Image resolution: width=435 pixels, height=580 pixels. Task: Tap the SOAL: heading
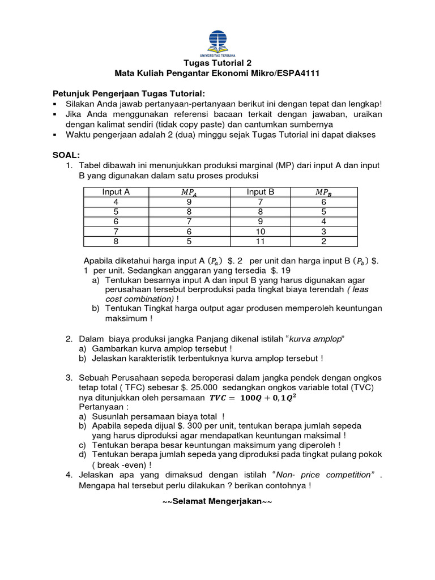(66, 155)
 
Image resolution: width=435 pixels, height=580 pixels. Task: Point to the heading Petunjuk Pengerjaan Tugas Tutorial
(129, 93)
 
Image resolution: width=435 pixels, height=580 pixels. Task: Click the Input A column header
(116, 192)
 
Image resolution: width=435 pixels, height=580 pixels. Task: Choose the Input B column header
(261, 192)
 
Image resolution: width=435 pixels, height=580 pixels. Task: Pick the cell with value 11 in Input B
(261, 241)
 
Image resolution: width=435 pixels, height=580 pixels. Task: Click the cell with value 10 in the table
(261, 232)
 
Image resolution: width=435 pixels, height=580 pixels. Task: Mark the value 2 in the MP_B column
(323, 241)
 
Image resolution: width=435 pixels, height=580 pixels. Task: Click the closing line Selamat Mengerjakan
(217, 502)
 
